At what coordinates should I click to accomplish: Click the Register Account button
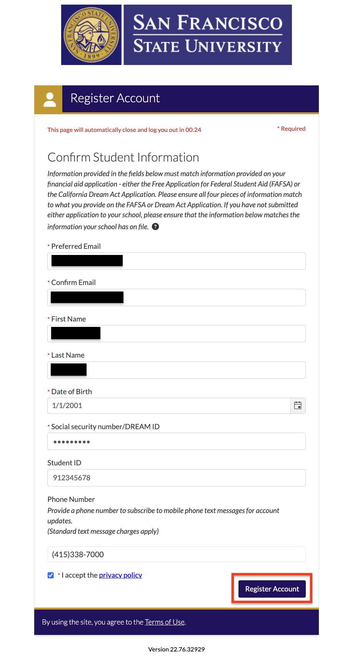(x=272, y=589)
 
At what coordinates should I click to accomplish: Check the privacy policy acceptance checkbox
(x=50, y=575)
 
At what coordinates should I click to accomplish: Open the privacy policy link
(x=120, y=575)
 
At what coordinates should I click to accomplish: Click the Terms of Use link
(x=165, y=622)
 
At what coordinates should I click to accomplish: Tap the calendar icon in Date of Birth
(x=298, y=405)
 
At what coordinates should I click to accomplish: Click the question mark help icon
(x=155, y=227)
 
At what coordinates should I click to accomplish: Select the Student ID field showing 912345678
(x=176, y=478)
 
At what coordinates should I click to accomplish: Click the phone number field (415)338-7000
(x=176, y=554)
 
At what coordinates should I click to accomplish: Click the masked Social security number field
(x=176, y=441)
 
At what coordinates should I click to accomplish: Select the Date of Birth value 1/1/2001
(x=67, y=405)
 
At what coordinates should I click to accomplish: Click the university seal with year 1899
(x=92, y=35)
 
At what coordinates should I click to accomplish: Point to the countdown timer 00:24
(x=193, y=130)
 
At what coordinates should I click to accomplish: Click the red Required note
(x=292, y=129)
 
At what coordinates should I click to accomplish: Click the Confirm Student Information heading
(x=123, y=157)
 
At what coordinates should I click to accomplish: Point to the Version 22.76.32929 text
(x=176, y=649)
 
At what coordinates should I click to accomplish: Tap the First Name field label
(x=68, y=319)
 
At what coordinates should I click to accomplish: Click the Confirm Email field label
(x=73, y=282)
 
